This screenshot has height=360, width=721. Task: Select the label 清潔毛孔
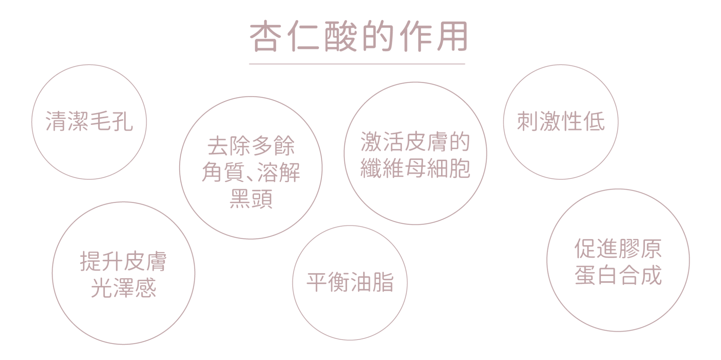pyautogui.click(x=89, y=122)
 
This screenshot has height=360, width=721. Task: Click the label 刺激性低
pyautogui.click(x=560, y=122)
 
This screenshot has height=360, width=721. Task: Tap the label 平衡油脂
pyautogui.click(x=350, y=282)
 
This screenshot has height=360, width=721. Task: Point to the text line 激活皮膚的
pyautogui.click(x=415, y=142)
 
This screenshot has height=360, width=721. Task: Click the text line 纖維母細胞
pyautogui.click(x=415, y=168)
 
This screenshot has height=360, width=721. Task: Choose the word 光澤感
pyautogui.click(x=123, y=289)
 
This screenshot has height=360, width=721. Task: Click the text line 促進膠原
pyautogui.click(x=618, y=249)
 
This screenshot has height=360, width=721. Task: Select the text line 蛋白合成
pyautogui.click(x=618, y=275)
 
